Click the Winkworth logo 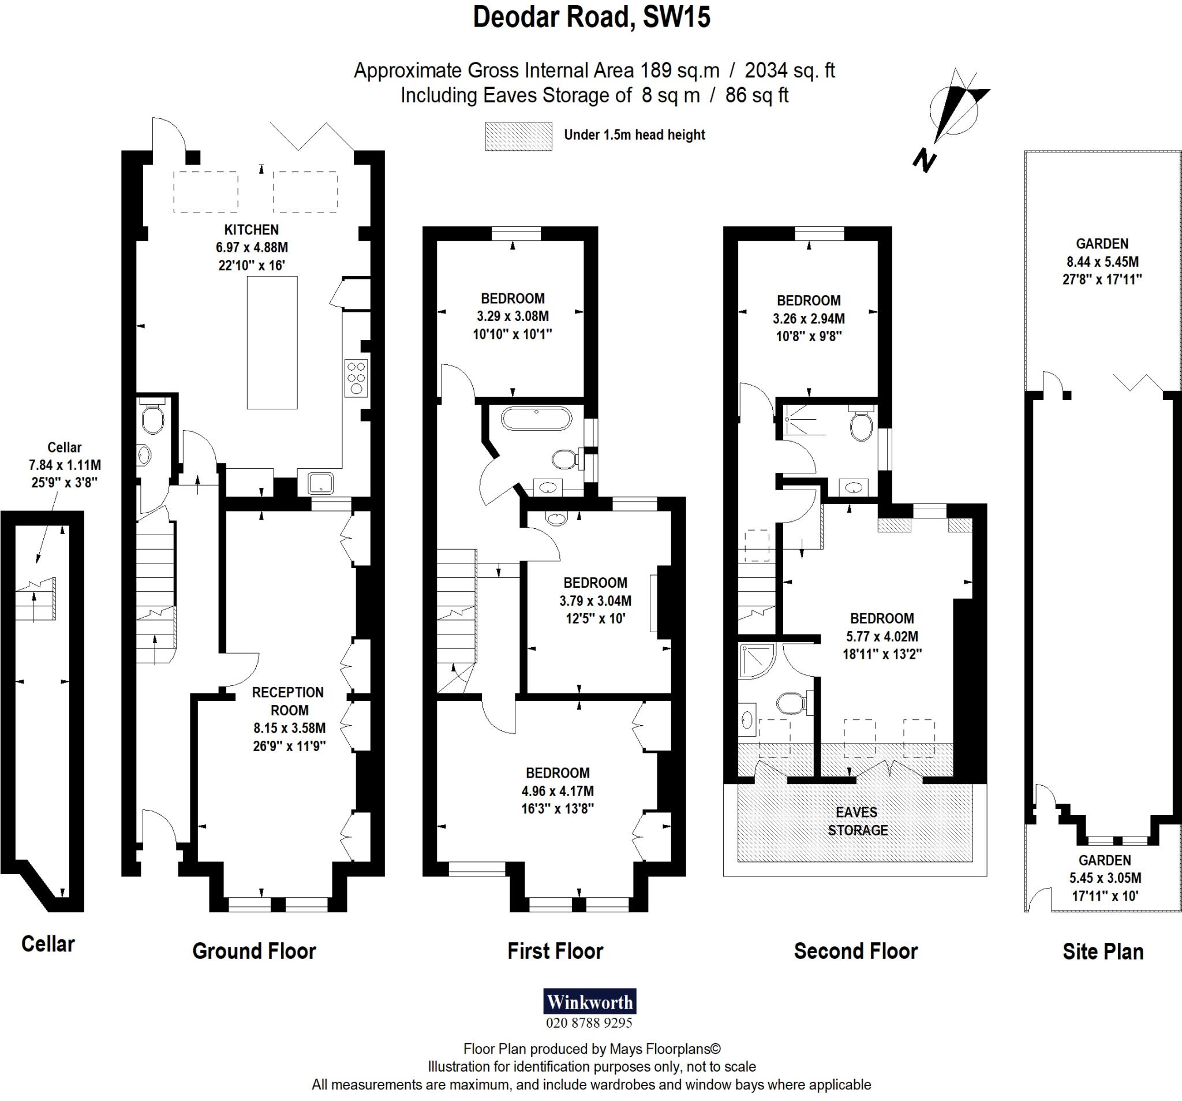pos(589,1002)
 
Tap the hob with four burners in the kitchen pos(356,378)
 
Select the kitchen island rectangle pos(272,342)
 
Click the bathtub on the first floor pos(536,418)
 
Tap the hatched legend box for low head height pos(518,136)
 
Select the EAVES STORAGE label pos(858,822)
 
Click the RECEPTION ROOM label pos(289,701)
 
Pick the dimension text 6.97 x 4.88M pos(252,248)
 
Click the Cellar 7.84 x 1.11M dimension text pos(64,465)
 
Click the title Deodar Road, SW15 pos(591,18)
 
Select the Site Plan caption pos(1102,951)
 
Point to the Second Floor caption pos(855,951)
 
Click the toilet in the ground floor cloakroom pos(153,420)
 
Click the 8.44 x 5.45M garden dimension pos(1102,262)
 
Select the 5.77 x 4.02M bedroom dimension pos(882,636)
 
